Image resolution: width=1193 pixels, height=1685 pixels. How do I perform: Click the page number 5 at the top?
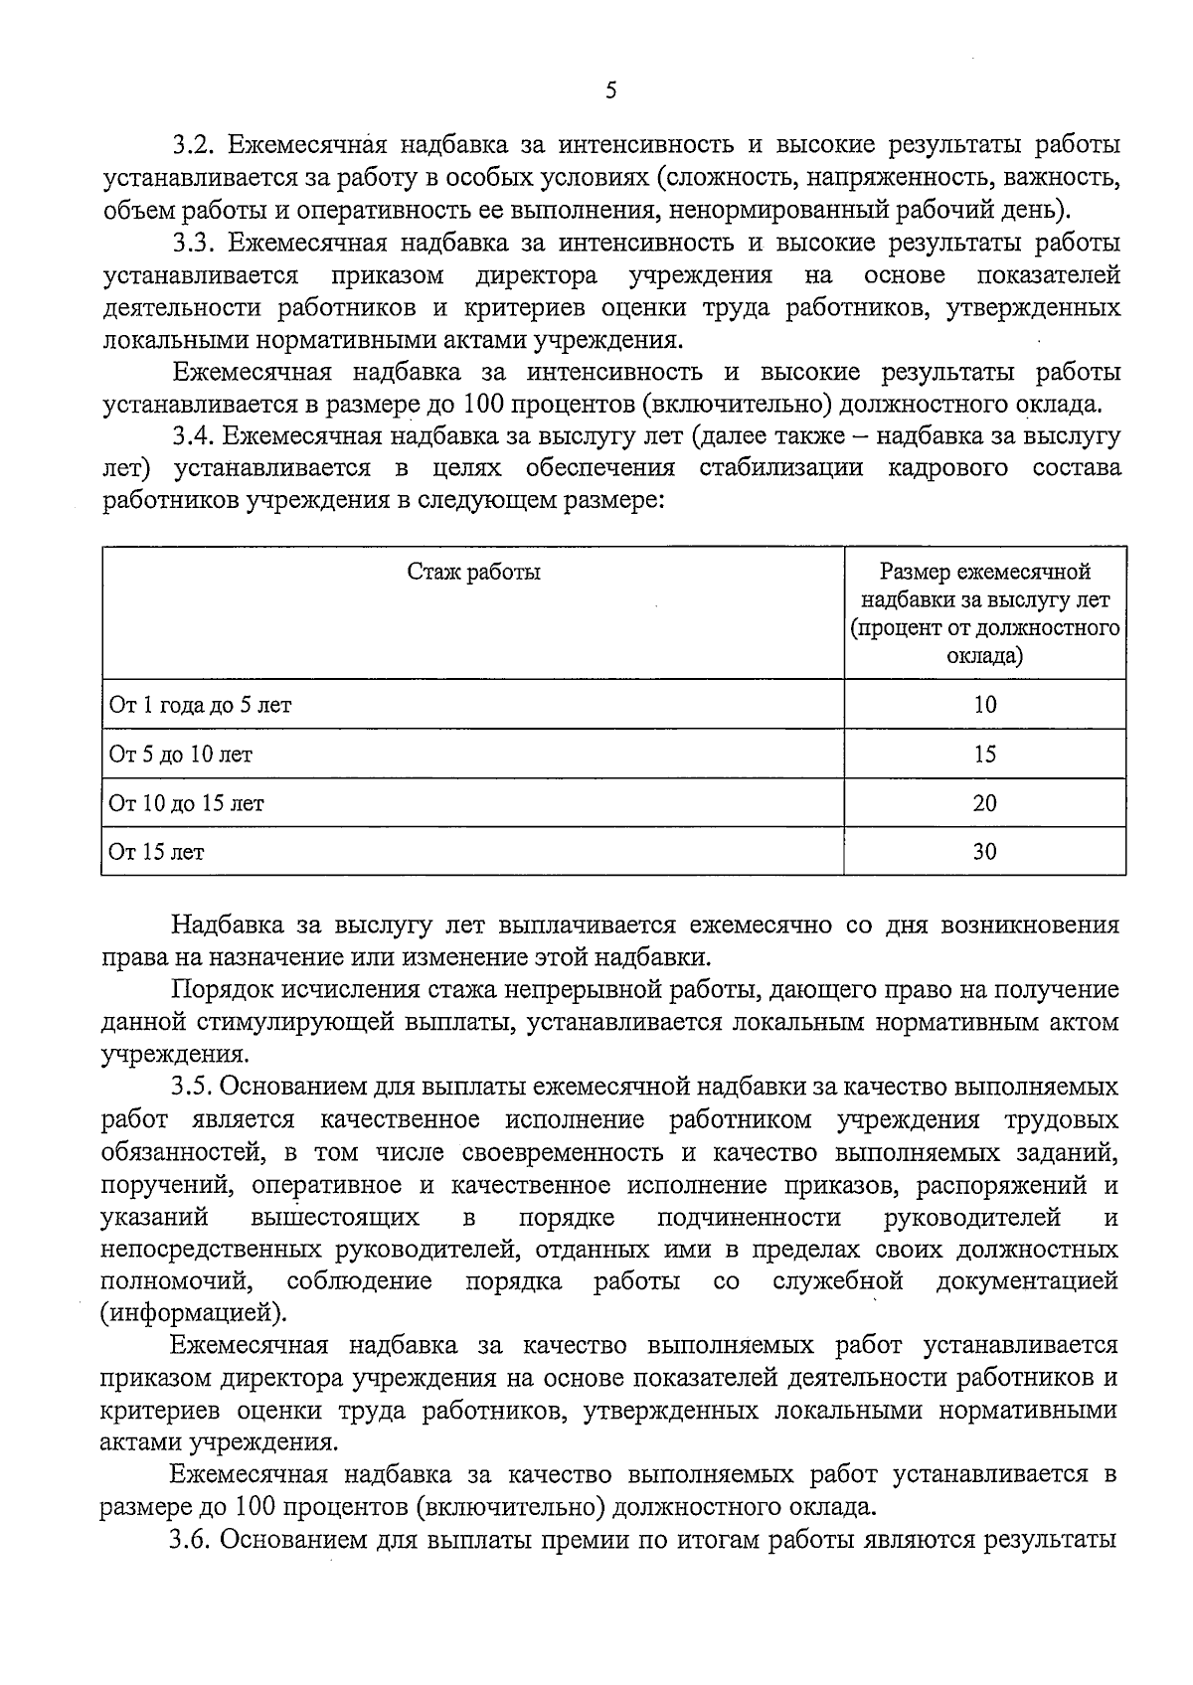pyautogui.click(x=610, y=91)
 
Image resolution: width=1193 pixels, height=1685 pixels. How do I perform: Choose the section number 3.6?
pyautogui.click(x=194, y=1541)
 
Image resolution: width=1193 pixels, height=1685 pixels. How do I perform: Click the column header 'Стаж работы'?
pyautogui.click(x=474, y=573)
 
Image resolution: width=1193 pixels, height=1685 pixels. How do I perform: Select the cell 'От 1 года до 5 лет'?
pyautogui.click(x=200, y=706)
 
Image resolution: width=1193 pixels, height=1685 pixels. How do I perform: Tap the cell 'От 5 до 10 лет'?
pyautogui.click(x=181, y=755)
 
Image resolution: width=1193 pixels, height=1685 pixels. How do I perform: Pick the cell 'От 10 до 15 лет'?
pyautogui.click(x=187, y=803)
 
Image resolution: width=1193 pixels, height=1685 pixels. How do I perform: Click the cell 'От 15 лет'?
pyautogui.click(x=157, y=852)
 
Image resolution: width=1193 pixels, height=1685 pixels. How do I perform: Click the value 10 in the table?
pyautogui.click(x=984, y=706)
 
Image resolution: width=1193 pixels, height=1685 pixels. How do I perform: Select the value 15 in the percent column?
pyautogui.click(x=984, y=755)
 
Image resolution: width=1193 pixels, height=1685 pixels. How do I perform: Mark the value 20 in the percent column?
pyautogui.click(x=984, y=803)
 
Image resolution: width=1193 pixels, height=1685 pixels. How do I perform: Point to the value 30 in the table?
pyautogui.click(x=984, y=852)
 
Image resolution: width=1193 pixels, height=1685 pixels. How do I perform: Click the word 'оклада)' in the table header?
pyautogui.click(x=984, y=657)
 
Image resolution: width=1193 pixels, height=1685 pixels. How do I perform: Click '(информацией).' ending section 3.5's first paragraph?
pyautogui.click(x=194, y=1314)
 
